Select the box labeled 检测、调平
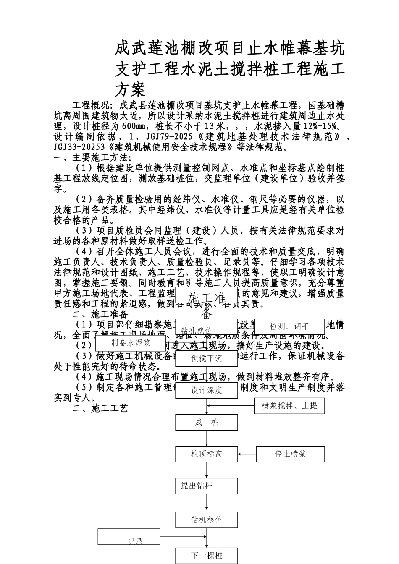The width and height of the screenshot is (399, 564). [289, 327]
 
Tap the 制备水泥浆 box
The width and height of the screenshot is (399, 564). [130, 343]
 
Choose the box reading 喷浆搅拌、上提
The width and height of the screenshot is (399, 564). [289, 406]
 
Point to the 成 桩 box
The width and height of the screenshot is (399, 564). [206, 422]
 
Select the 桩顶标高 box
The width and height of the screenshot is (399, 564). [206, 454]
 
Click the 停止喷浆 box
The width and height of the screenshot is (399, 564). [290, 454]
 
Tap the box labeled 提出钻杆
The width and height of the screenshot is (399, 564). [206, 486]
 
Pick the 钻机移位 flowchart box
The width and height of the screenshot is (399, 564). [206, 520]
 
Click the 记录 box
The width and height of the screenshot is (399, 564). [129, 538]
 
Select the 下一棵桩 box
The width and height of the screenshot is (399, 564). [206, 556]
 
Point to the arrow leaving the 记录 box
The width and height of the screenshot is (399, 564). [183, 537]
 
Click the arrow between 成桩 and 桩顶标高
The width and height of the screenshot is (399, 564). [207, 438]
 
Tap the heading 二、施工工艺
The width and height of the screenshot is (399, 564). [100, 408]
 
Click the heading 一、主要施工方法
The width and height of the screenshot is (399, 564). [92, 158]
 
